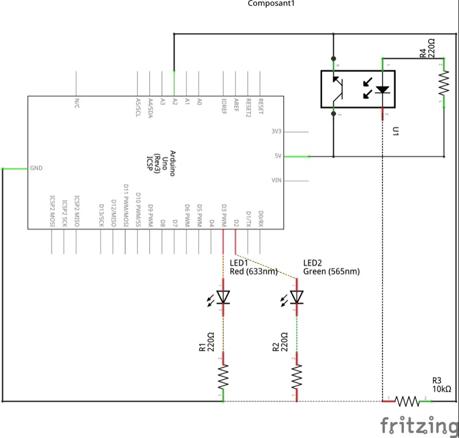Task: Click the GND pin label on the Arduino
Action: (36, 169)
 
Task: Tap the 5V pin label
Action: (278, 156)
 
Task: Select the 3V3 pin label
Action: (277, 131)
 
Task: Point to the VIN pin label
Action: (277, 181)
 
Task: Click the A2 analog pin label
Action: (174, 101)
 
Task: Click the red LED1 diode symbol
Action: (224, 297)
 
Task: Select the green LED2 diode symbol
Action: (297, 297)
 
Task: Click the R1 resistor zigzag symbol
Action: (224, 377)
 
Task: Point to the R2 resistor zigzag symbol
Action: (297, 377)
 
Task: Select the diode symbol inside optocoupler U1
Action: (382, 89)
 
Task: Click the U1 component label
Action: (396, 131)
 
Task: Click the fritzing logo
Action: (418, 425)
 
